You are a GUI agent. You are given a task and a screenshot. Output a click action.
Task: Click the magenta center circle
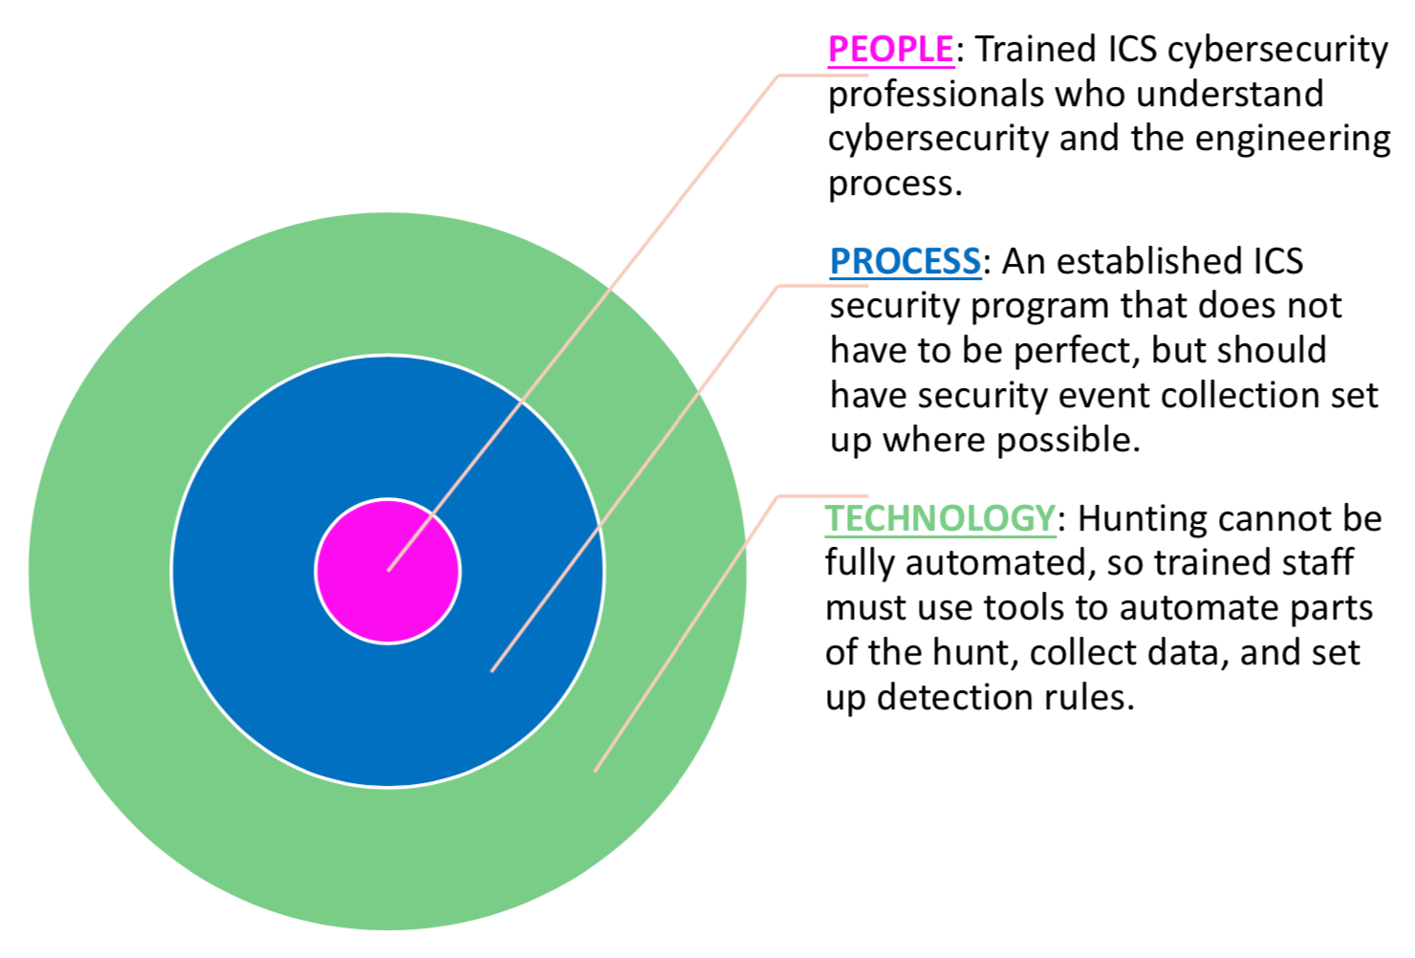(388, 571)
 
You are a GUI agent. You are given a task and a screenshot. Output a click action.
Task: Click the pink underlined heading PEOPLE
(891, 50)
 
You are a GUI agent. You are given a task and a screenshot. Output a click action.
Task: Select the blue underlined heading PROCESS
(905, 261)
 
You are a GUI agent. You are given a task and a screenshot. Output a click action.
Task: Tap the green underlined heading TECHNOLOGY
(940, 518)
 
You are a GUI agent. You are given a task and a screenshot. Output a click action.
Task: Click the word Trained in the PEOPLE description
(1035, 50)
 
